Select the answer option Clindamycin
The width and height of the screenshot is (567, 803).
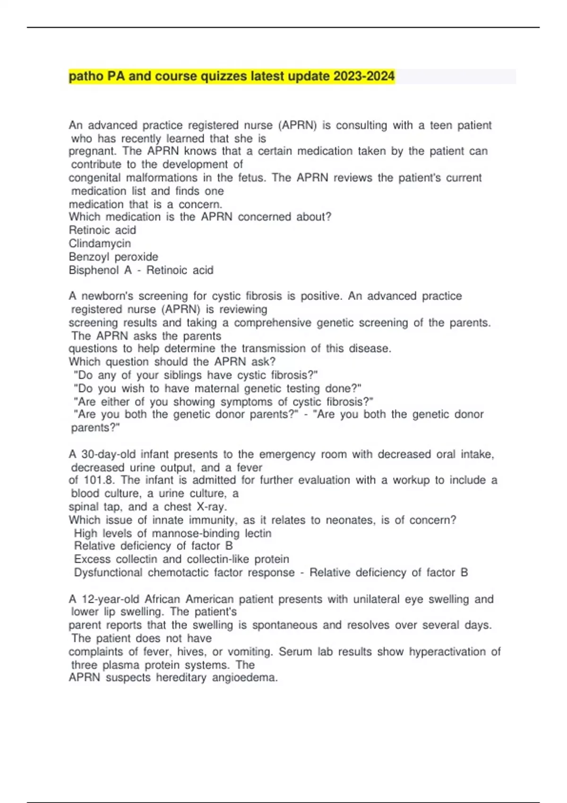[x=100, y=244]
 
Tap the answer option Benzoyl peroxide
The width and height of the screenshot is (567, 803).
[x=113, y=257]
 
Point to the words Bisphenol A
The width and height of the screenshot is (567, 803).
[x=100, y=270]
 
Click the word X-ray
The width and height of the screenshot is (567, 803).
[x=211, y=507]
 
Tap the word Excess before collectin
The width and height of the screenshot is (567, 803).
[x=93, y=559]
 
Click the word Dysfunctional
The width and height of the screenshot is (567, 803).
[x=108, y=572]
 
